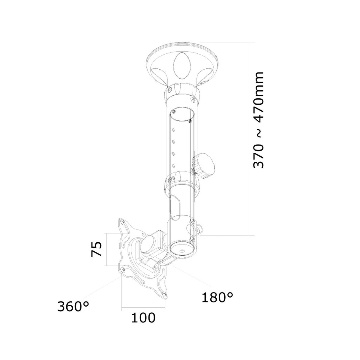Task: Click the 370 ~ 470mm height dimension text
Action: click(259, 120)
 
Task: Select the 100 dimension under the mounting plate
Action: click(143, 317)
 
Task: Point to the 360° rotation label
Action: click(73, 307)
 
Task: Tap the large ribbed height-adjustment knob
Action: click(204, 166)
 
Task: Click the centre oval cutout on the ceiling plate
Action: click(181, 64)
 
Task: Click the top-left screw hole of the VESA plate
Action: click(123, 222)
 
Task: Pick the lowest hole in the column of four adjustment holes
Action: click(173, 165)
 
